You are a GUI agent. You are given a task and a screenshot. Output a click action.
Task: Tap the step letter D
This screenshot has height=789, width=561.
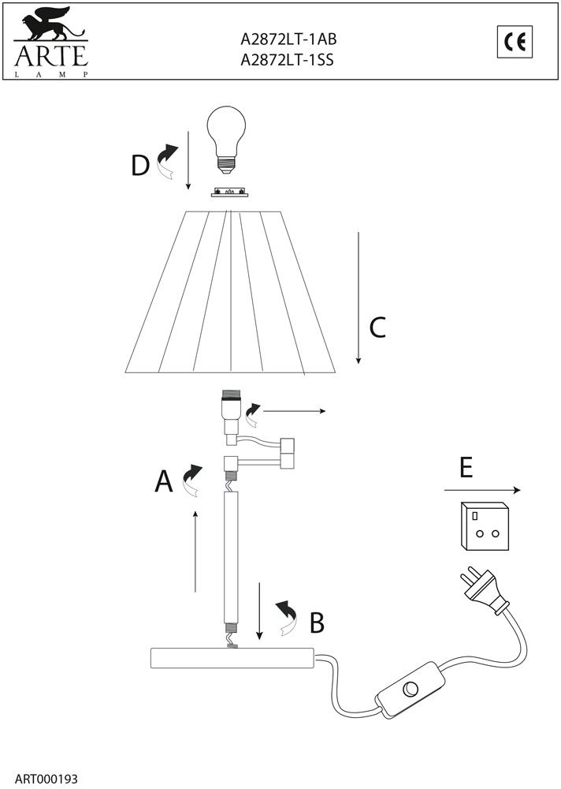tap(140, 166)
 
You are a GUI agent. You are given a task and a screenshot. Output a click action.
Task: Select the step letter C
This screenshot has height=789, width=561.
tap(377, 327)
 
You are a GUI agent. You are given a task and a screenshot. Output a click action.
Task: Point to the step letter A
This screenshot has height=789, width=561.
tap(163, 481)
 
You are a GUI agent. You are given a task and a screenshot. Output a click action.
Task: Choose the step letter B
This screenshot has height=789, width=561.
tap(317, 623)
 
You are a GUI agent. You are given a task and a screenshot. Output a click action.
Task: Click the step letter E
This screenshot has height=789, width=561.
tap(466, 468)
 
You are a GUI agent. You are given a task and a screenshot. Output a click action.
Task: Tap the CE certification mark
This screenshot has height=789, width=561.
tap(515, 42)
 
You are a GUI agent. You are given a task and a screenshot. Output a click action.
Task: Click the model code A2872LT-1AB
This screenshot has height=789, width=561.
tap(288, 39)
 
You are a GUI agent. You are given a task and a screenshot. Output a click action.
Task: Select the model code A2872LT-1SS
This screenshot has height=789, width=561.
tap(287, 60)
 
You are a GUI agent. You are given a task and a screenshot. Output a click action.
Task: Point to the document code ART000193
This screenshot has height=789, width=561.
tap(46, 779)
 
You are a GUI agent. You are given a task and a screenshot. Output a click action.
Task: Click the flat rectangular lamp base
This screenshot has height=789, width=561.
tap(232, 658)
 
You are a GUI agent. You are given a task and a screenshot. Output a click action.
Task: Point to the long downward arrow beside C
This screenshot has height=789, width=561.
tap(359, 298)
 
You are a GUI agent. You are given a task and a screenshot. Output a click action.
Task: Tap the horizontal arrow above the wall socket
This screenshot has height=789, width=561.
tap(482, 490)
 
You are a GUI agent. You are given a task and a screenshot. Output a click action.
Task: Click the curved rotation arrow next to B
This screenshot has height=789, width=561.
tap(288, 617)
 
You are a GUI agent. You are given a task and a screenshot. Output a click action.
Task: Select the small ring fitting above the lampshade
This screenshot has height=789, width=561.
tap(229, 193)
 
